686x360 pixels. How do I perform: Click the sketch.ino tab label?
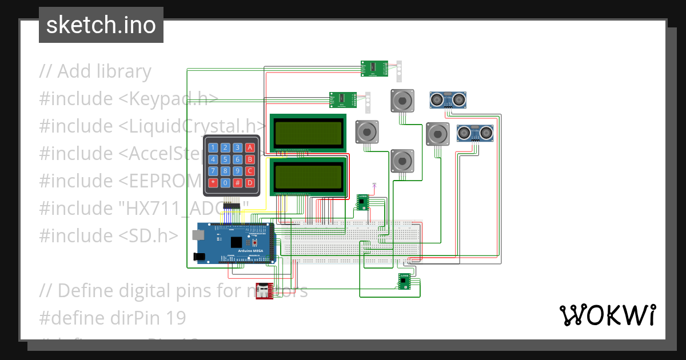click(x=101, y=25)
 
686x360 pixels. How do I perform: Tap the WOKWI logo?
click(x=607, y=315)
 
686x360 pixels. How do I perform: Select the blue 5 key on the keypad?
click(x=225, y=159)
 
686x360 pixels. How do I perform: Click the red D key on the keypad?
click(x=250, y=183)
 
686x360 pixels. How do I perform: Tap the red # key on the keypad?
click(x=238, y=183)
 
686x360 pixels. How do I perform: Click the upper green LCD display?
click(x=309, y=132)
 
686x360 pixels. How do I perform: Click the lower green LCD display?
click(x=309, y=177)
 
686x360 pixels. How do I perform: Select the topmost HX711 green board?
click(x=374, y=69)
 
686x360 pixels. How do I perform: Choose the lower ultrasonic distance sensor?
click(x=474, y=133)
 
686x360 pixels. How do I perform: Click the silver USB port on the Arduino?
click(x=198, y=235)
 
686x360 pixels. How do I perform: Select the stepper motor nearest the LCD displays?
click(x=366, y=132)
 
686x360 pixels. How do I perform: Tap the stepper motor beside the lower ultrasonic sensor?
click(x=438, y=134)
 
